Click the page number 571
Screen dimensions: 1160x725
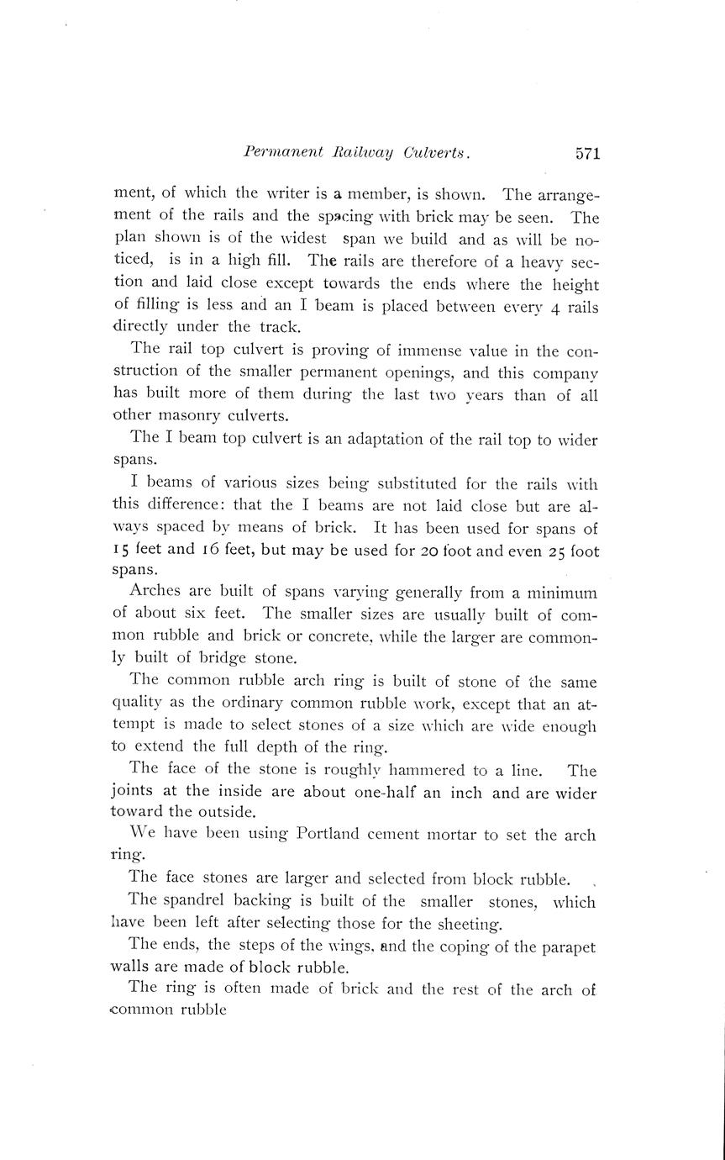point(587,154)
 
